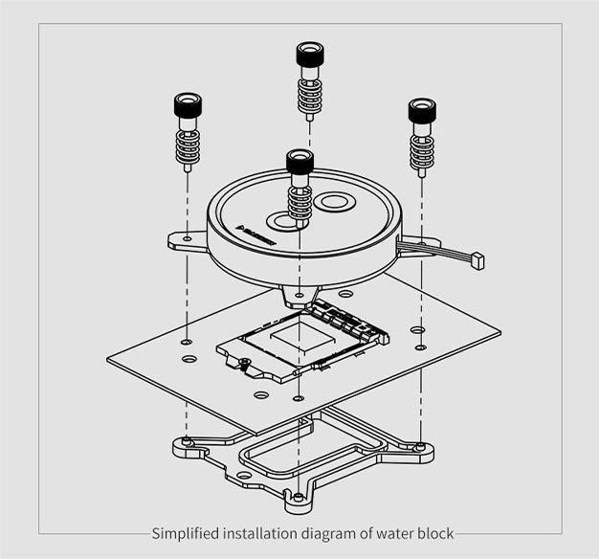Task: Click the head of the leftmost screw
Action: pyautogui.click(x=188, y=104)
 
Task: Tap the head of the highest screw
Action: pyautogui.click(x=309, y=55)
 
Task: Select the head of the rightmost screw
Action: pyautogui.click(x=422, y=110)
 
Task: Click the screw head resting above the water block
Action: pyautogui.click(x=299, y=162)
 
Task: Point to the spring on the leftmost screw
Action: pyautogui.click(x=188, y=146)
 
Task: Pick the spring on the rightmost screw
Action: pyautogui.click(x=422, y=152)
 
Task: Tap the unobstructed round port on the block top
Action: pyautogui.click(x=334, y=202)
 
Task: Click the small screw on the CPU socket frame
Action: pyautogui.click(x=245, y=364)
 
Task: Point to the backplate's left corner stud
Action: pyautogui.click(x=188, y=442)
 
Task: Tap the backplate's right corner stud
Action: pyautogui.click(x=420, y=445)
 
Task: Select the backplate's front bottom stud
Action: pyautogui.click(x=299, y=497)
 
